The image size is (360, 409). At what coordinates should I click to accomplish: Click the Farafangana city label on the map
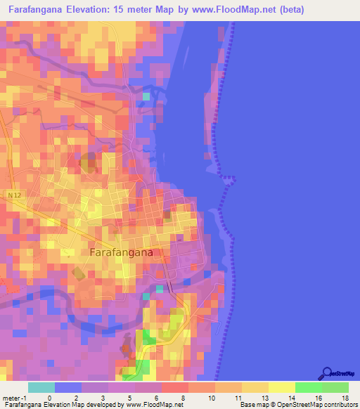pos(121,252)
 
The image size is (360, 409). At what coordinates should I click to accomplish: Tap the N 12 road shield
pos(15,193)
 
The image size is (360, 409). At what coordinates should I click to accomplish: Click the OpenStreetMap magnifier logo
pos(327,372)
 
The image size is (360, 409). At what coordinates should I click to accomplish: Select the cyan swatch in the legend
pos(41,387)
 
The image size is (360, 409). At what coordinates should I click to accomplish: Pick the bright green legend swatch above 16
pos(308,387)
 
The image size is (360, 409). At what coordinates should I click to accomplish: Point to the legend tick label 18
pos(345,398)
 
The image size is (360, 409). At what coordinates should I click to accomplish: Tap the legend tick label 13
pos(264,398)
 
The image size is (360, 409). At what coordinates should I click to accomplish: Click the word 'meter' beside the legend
pos(11,398)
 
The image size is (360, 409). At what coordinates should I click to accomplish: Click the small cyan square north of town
pos(146,96)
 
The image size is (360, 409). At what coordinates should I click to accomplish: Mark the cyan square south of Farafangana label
pos(160,289)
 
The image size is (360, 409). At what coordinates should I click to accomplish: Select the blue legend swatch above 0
pos(68,387)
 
